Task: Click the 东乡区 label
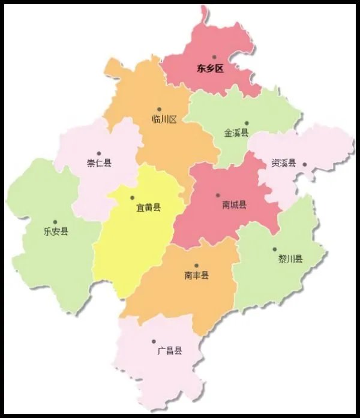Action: (x=210, y=68)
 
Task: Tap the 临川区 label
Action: (x=164, y=119)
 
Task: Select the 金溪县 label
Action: (x=236, y=133)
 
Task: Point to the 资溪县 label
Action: (x=283, y=163)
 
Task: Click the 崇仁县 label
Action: (x=99, y=163)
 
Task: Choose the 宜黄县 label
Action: (x=148, y=208)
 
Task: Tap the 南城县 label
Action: (x=234, y=205)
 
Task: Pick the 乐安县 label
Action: (x=56, y=231)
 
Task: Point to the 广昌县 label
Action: (x=169, y=351)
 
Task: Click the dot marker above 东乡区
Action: (x=214, y=58)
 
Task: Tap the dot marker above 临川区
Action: (x=159, y=109)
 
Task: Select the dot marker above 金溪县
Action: (x=246, y=123)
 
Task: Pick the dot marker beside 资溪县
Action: (x=305, y=164)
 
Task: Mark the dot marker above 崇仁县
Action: (x=99, y=153)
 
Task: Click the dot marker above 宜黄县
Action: (x=133, y=197)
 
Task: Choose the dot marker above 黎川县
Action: (x=275, y=249)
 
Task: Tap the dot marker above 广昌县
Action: (x=154, y=341)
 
